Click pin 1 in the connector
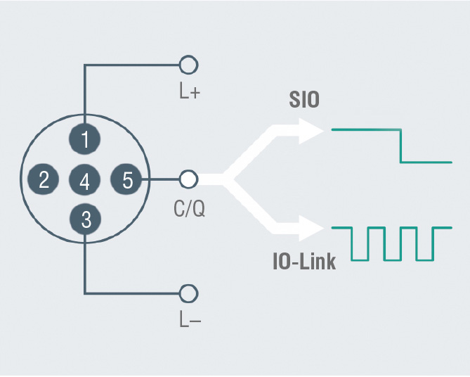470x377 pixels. pyautogui.click(x=84, y=139)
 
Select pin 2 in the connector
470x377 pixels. pyautogui.click(x=43, y=179)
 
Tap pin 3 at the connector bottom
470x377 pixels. pyautogui.click(x=86, y=219)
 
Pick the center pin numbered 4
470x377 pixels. pyautogui.click(x=84, y=179)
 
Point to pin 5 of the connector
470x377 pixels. pyautogui.click(x=126, y=179)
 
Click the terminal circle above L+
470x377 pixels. pyautogui.click(x=188, y=65)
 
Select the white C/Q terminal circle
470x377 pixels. pyautogui.click(x=188, y=179)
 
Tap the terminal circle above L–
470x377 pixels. pyautogui.click(x=188, y=293)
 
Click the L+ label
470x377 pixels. pyautogui.click(x=190, y=91)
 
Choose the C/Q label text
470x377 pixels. pyautogui.click(x=189, y=209)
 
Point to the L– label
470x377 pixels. pyautogui.click(x=190, y=319)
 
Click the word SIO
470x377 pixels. pyautogui.click(x=304, y=100)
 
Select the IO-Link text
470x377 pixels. pyautogui.click(x=304, y=262)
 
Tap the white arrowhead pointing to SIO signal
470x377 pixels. pyautogui.click(x=311, y=131)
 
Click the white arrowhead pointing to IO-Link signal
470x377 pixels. pyautogui.click(x=311, y=229)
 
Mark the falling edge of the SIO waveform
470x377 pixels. pyautogui.click(x=400, y=146)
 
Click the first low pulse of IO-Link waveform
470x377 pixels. pyautogui.click(x=360, y=260)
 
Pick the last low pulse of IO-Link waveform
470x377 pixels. pyautogui.click(x=425, y=260)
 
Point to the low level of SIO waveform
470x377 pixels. pyautogui.click(x=426, y=162)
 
